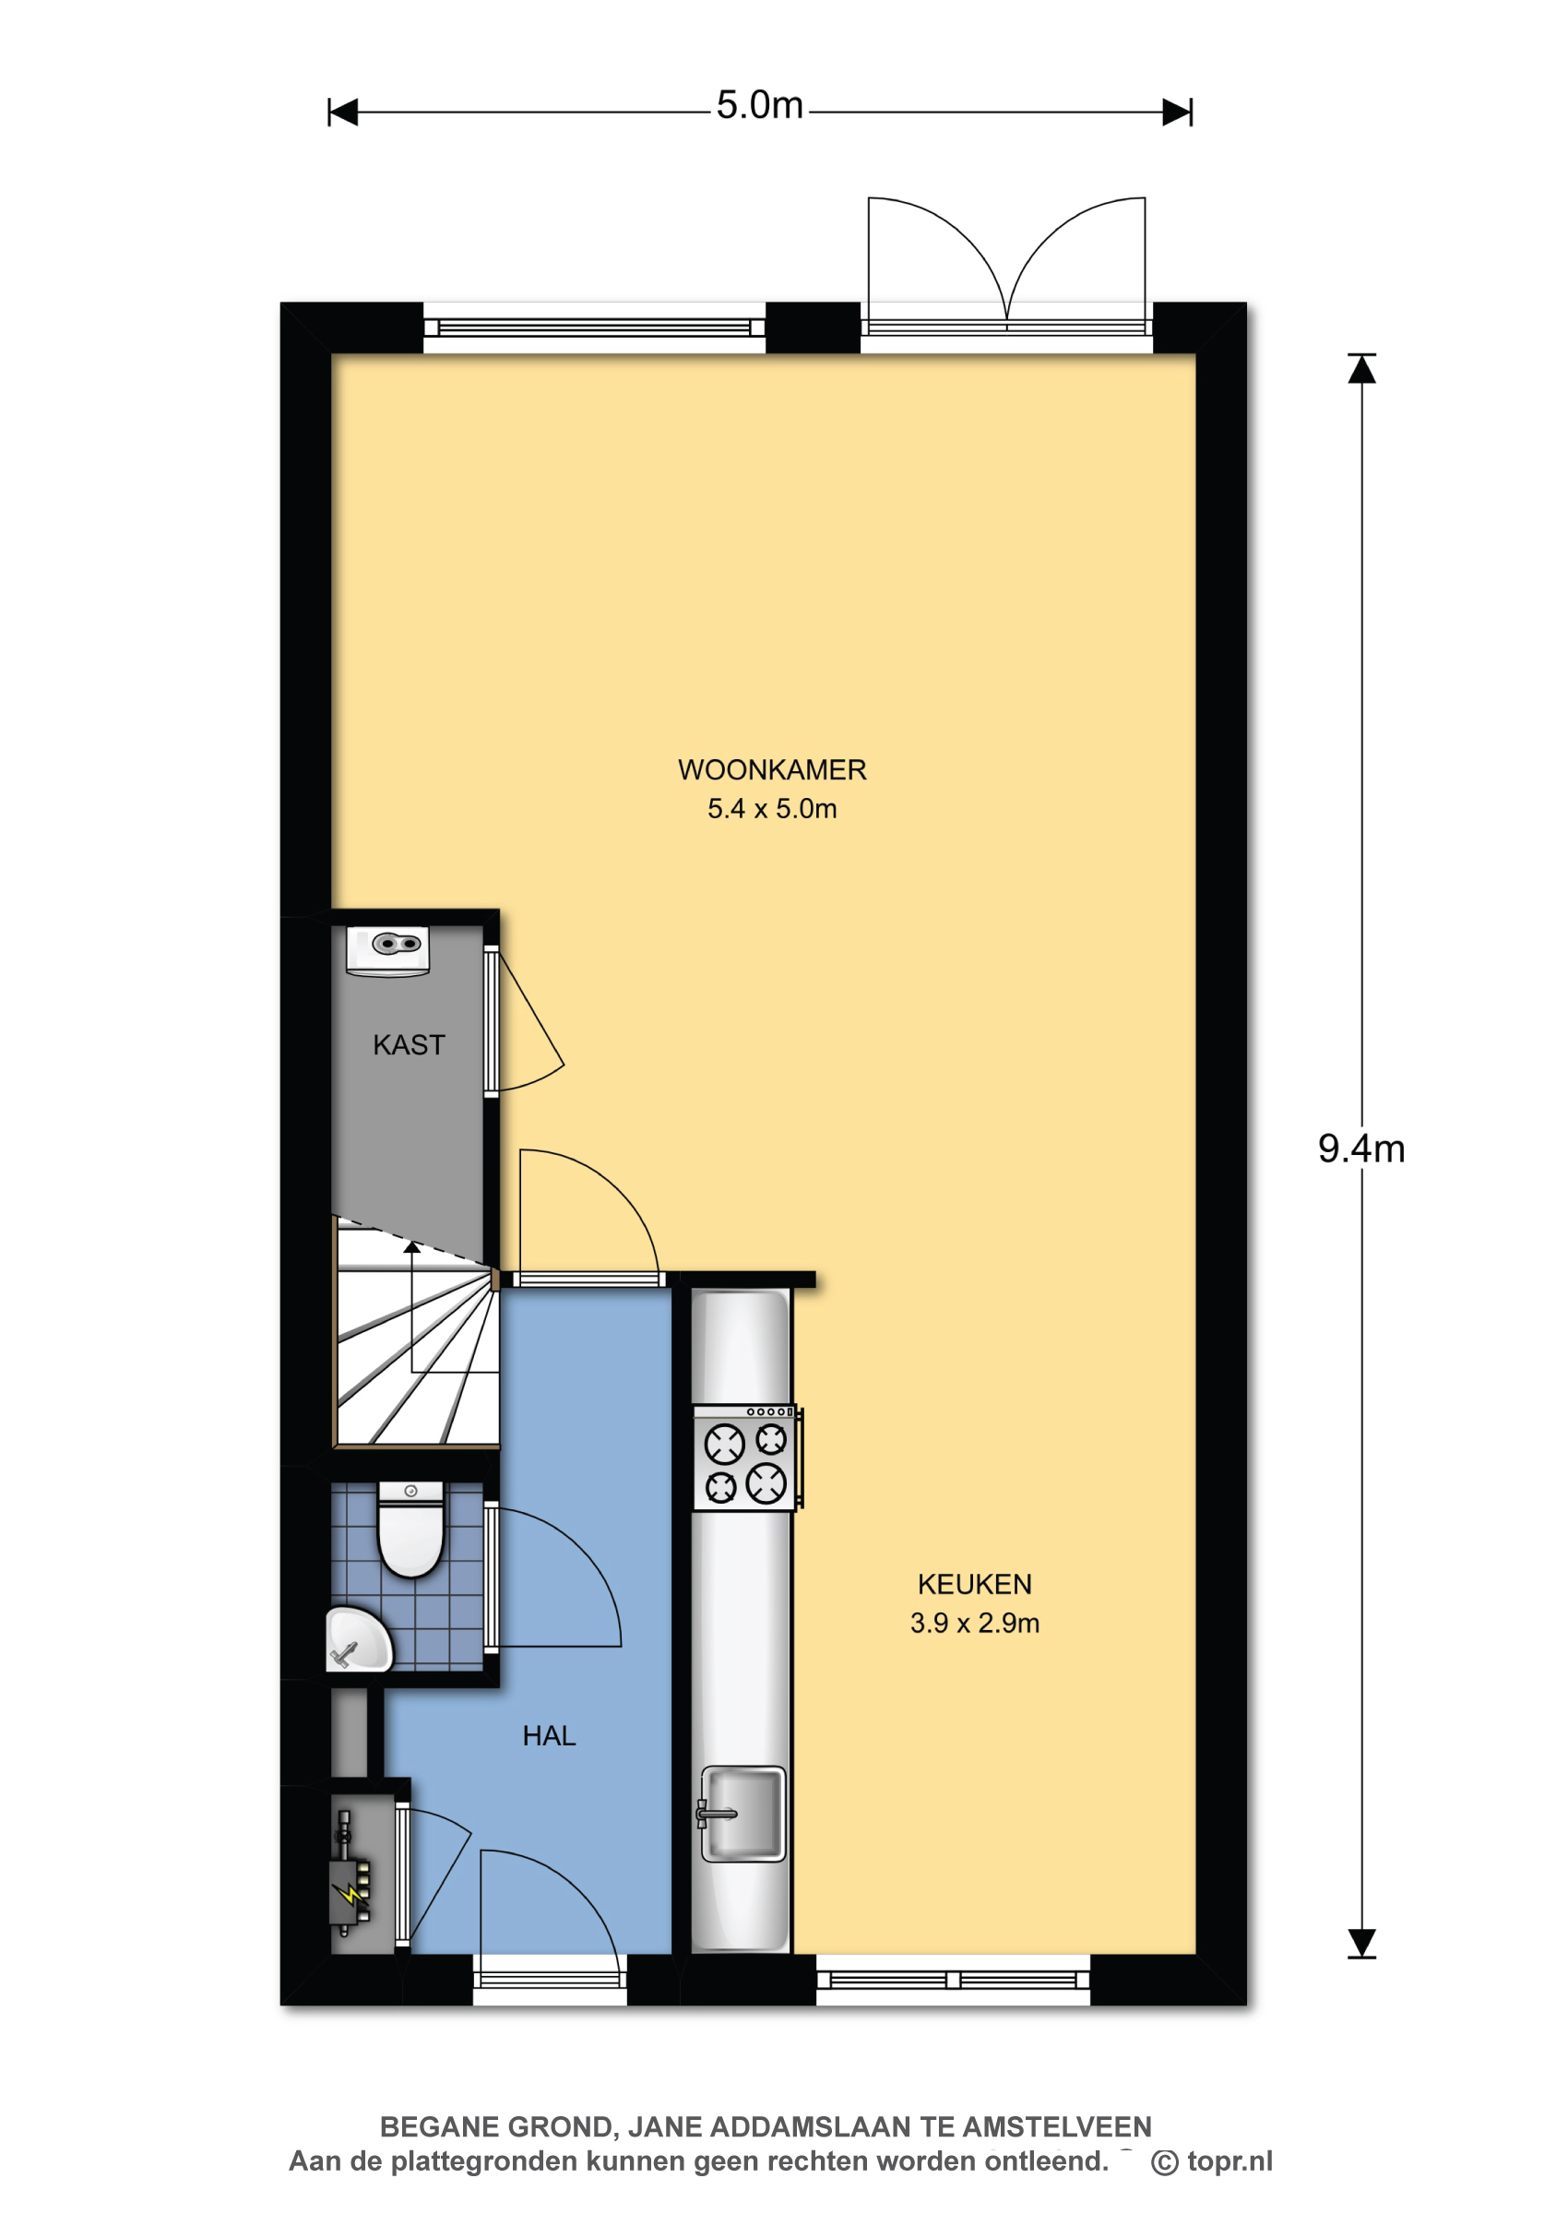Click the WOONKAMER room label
tap(771, 769)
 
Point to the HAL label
tap(549, 1736)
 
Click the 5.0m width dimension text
tap(759, 105)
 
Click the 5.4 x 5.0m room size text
tap(771, 809)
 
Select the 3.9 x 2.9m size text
tap(974, 1623)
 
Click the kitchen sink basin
tap(742, 1814)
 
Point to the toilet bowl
tap(410, 1530)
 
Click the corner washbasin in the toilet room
tap(357, 1639)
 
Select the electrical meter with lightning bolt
tap(350, 1874)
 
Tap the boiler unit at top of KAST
tap(387, 951)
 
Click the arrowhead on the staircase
tap(412, 1247)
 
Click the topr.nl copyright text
tap(1212, 2160)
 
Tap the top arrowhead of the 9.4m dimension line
tap(1361, 369)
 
